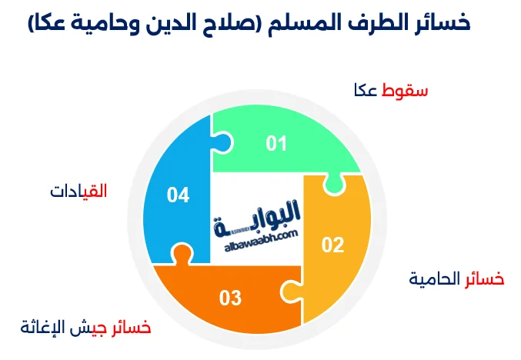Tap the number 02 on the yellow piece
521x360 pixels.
(332, 245)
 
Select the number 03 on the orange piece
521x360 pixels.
(231, 297)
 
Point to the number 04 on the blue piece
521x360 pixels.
(178, 195)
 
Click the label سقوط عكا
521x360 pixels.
(390, 90)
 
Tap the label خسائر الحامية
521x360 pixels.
(456, 278)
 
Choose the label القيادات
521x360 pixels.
(78, 191)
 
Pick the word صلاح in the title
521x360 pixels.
(235, 23)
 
